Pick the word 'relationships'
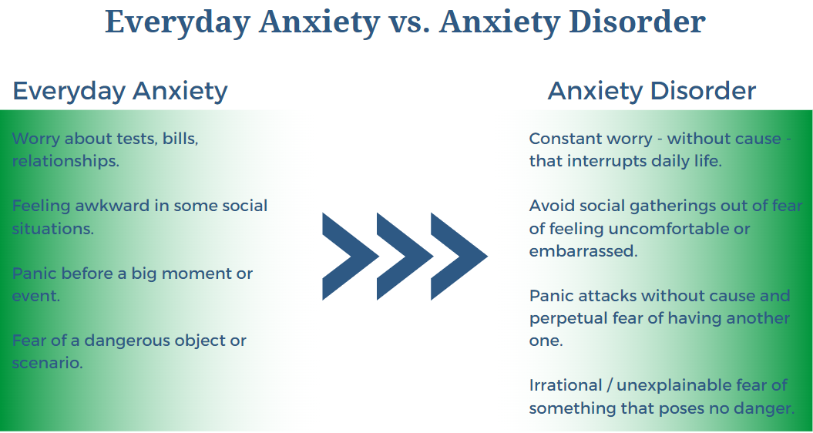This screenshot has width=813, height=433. (x=66, y=161)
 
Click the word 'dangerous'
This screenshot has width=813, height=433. (x=126, y=341)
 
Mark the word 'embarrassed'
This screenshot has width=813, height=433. (x=583, y=251)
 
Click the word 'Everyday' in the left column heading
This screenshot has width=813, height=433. (x=69, y=91)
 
